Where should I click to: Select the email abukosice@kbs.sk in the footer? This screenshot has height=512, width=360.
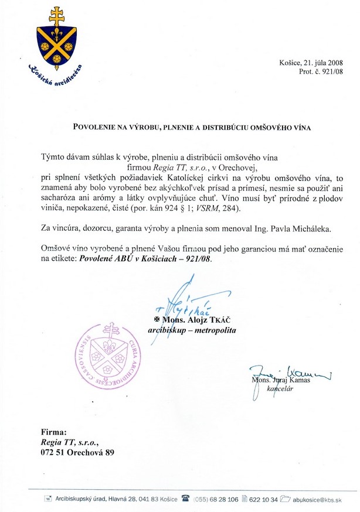point(317,499)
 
